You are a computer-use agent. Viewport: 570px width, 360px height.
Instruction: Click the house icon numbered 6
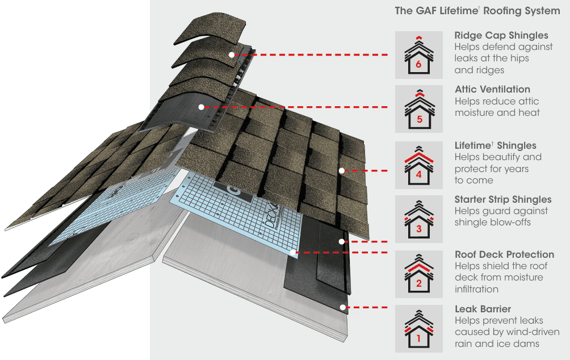point(418,55)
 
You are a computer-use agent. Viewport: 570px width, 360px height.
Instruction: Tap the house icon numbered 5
point(418,110)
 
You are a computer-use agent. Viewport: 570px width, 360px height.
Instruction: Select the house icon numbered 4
point(418,165)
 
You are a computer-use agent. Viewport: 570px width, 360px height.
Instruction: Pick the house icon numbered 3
point(418,220)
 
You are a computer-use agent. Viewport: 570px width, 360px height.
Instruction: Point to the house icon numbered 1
point(418,329)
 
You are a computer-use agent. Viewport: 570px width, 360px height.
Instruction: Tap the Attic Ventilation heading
point(492,89)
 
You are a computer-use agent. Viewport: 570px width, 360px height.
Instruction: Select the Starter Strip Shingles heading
point(503,199)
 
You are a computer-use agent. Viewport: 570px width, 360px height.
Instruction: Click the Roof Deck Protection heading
point(504,254)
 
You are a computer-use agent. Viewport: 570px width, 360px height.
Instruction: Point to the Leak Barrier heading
point(483,309)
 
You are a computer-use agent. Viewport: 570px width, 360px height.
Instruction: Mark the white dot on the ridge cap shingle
point(231,55)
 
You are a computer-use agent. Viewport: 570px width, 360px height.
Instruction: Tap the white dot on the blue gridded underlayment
point(292,252)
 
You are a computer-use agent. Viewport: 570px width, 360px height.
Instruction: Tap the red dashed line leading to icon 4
point(369,170)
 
